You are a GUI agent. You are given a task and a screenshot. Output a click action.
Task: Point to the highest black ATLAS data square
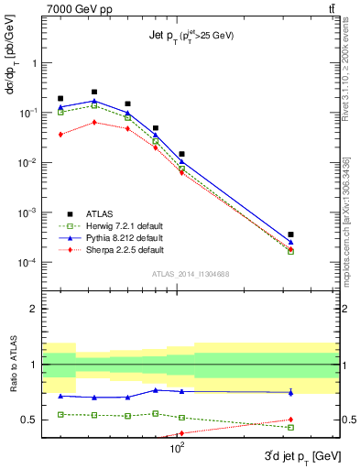pyautogui.click(x=94, y=92)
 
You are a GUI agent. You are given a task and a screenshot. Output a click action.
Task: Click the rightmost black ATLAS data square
pyautogui.click(x=290, y=234)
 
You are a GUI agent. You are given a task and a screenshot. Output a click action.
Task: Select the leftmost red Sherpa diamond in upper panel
pyautogui.click(x=60, y=135)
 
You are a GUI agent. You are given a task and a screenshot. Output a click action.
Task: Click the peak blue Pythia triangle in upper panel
pyautogui.click(x=94, y=102)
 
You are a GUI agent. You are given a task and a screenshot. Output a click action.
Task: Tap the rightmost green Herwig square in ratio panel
pyautogui.click(x=290, y=427)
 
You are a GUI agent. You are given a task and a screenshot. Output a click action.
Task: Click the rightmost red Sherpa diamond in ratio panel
pyautogui.click(x=290, y=420)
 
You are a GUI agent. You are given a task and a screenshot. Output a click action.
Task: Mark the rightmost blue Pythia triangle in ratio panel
pyautogui.click(x=290, y=392)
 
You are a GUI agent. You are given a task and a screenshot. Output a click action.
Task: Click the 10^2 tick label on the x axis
pyautogui.click(x=178, y=448)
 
